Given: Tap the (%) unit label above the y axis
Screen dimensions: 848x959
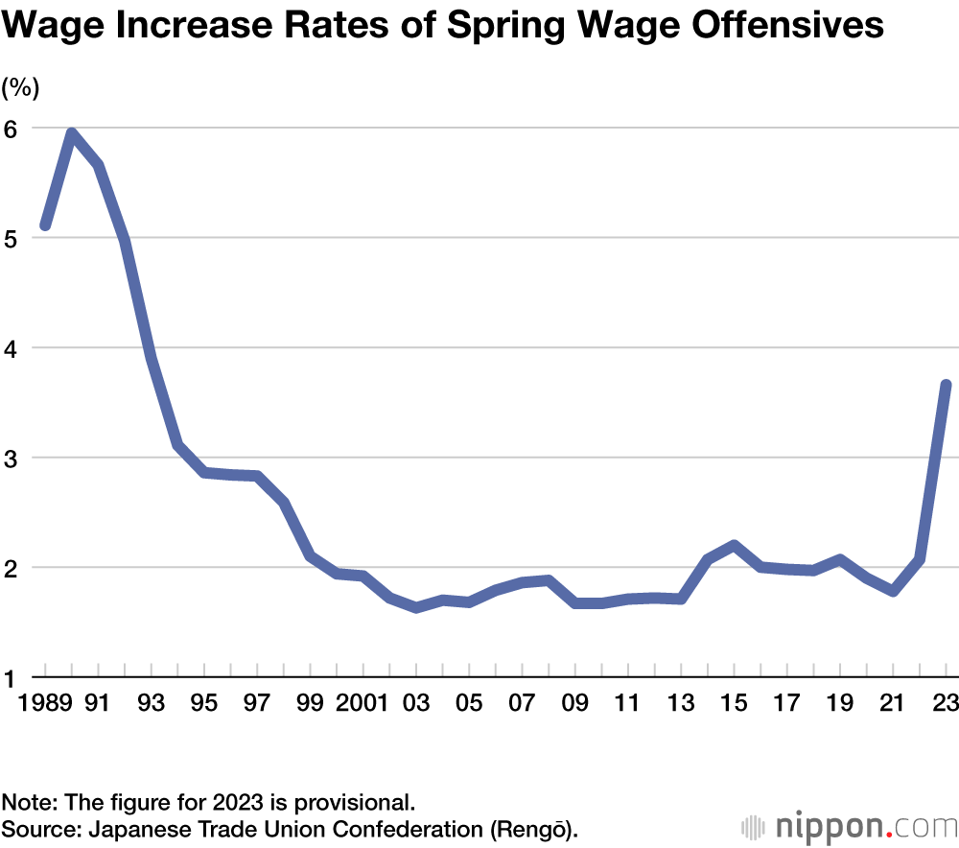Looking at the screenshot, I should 20,88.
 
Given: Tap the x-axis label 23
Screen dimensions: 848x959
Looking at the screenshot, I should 946,703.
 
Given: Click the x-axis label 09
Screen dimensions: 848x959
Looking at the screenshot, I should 574,703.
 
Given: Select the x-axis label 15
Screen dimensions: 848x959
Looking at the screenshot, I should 734,703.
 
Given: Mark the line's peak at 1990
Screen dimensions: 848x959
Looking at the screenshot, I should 72,133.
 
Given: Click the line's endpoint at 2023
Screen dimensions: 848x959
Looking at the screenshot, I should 946,385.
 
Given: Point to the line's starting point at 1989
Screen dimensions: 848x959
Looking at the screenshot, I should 45,225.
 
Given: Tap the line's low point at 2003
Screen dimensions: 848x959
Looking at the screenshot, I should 416,607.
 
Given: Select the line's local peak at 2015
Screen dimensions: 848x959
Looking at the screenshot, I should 734,546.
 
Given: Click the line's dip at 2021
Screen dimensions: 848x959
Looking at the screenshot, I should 893,591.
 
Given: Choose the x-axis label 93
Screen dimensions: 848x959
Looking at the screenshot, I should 151,703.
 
